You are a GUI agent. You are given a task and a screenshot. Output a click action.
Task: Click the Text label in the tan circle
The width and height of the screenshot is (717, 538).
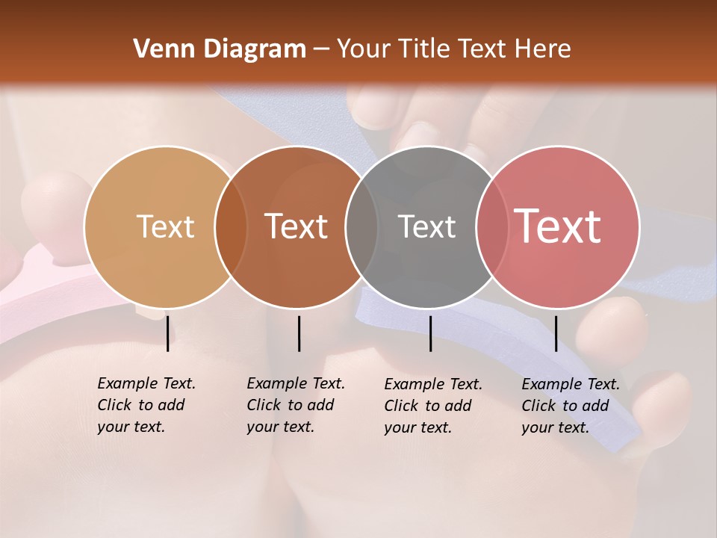click(165, 226)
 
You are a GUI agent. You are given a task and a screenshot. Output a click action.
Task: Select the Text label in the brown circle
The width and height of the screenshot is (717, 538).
click(296, 226)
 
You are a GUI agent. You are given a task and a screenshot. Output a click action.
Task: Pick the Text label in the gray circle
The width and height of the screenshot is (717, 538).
click(426, 226)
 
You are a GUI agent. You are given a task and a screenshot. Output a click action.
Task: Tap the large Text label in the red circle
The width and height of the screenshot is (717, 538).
click(557, 226)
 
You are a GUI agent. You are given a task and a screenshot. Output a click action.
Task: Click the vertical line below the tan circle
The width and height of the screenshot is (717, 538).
click(167, 333)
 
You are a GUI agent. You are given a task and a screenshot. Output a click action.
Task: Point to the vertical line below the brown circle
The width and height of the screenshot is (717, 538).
click(299, 333)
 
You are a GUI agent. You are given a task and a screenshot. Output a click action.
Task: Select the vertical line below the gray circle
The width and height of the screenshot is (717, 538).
click(430, 333)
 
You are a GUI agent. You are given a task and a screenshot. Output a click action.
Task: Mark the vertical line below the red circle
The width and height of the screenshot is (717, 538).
click(556, 333)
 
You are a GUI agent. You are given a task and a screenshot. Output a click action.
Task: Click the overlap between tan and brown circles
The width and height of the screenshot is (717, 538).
click(231, 227)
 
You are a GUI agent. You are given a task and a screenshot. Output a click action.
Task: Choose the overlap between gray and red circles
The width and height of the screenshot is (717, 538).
click(491, 227)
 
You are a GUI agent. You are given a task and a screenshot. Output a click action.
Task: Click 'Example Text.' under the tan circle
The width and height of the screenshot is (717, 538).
click(146, 383)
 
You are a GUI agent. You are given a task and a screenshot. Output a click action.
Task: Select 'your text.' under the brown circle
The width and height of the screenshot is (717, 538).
click(280, 427)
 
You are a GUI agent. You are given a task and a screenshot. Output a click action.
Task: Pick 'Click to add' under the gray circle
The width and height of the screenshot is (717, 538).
click(427, 406)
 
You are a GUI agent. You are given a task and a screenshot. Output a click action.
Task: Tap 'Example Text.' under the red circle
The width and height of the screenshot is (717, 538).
click(571, 384)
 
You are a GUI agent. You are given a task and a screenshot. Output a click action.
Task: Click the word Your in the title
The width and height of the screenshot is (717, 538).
click(364, 49)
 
